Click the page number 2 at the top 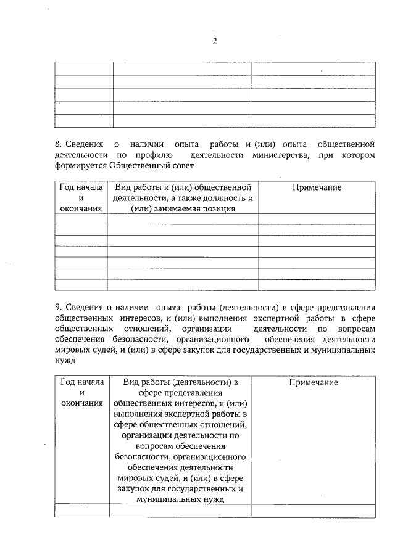pos(215,41)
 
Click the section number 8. pos(58,144)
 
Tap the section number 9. pos(58,306)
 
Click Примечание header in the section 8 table pos(317,187)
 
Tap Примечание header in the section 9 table pos(313,382)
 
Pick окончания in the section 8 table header pos(81,208)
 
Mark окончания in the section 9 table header pos(82,403)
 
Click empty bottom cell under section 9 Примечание pos(313,510)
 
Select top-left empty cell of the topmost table pos(84,68)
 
